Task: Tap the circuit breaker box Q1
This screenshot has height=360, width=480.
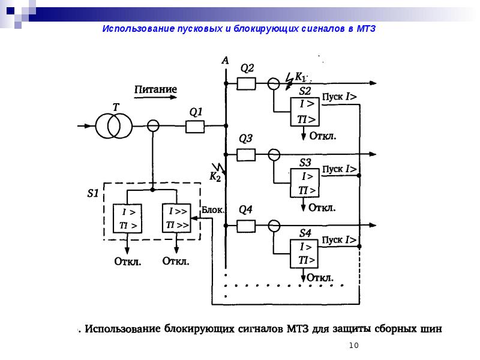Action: coord(195,126)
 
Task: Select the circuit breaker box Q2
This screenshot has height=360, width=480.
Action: coord(247,83)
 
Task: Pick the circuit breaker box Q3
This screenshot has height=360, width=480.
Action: coord(247,155)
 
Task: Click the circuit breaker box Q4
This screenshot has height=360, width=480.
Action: coord(247,226)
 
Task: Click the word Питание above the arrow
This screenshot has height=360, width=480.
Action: coord(155,90)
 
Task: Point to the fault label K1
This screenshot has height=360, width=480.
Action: coord(300,77)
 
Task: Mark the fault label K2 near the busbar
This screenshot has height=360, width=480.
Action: coord(215,177)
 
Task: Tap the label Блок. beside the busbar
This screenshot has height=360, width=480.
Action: coord(212,209)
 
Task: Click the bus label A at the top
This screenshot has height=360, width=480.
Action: coord(225,61)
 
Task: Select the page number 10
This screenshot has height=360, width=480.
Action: coord(353,345)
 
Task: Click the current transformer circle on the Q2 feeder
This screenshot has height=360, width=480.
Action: coord(274,83)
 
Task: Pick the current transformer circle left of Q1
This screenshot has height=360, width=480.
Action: coord(154,126)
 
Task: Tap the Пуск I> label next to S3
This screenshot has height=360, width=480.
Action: coord(340,169)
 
